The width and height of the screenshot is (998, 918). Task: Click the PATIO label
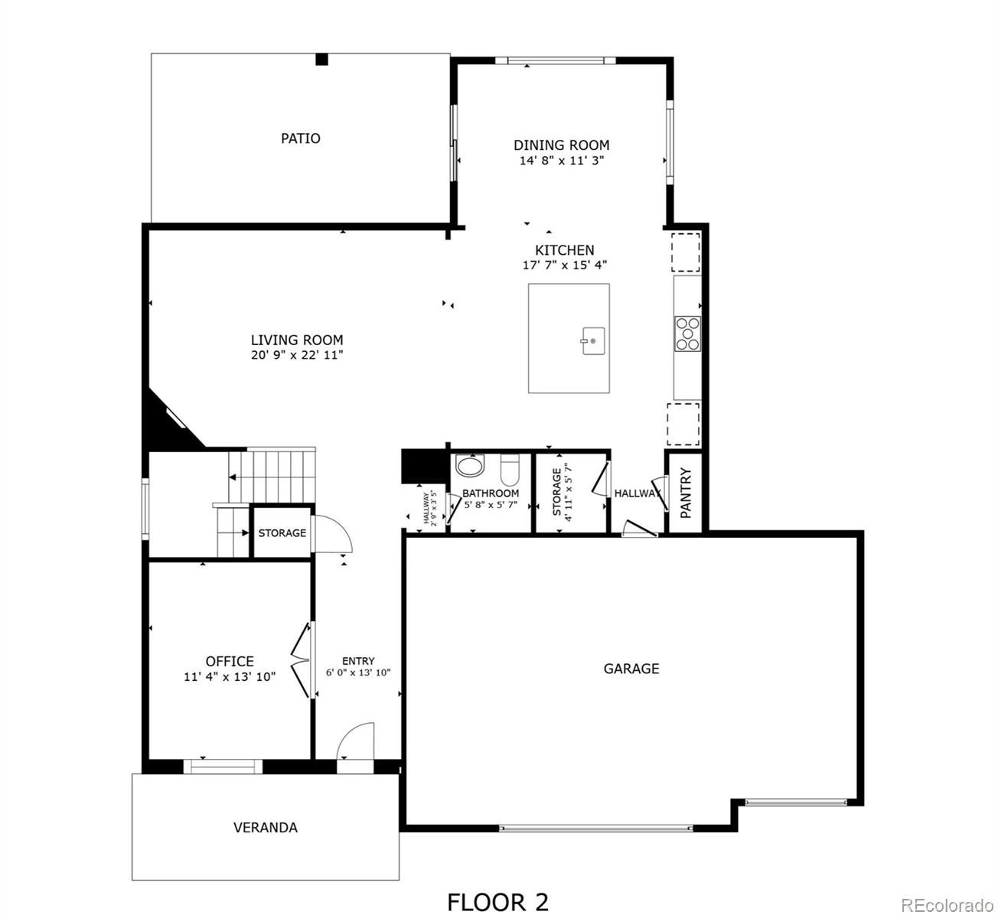click(x=300, y=138)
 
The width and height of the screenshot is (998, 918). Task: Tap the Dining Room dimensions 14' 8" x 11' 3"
click(x=562, y=161)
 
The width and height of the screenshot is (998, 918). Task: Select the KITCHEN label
click(x=564, y=249)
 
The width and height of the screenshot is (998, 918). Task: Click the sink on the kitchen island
click(x=592, y=341)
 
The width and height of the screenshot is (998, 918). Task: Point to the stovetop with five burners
click(x=687, y=334)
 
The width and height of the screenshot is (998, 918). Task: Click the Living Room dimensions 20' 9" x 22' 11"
click(x=297, y=355)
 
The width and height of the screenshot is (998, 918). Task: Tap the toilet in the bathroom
click(x=510, y=469)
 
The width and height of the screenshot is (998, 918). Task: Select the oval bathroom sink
click(x=470, y=466)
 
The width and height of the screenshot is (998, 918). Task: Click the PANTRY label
click(x=686, y=493)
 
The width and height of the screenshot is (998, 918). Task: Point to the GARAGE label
click(x=631, y=669)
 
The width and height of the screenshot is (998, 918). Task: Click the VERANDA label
click(x=265, y=828)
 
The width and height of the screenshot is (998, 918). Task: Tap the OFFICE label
click(x=230, y=662)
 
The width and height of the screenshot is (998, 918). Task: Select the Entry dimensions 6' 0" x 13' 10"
click(x=358, y=673)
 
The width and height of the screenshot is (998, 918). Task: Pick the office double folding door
click(x=302, y=661)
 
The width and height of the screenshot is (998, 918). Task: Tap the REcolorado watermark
click(x=947, y=905)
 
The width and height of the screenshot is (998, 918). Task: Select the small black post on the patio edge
click(x=322, y=59)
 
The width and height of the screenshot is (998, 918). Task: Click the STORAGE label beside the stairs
click(x=282, y=532)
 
